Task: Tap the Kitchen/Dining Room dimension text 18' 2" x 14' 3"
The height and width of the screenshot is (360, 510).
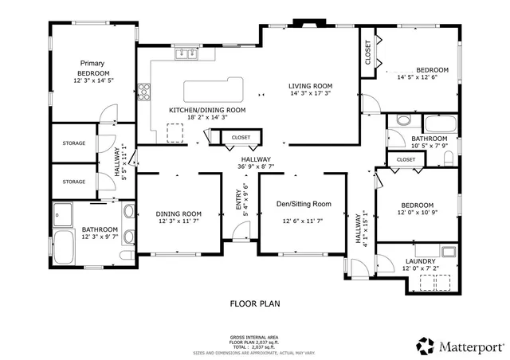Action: click(206, 118)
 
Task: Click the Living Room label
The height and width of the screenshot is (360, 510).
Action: click(310, 86)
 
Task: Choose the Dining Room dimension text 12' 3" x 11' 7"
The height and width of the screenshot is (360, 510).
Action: click(178, 222)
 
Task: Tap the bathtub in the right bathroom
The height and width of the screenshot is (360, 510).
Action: click(437, 124)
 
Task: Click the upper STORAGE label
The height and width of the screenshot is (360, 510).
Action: click(74, 143)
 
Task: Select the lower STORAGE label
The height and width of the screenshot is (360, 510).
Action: click(74, 182)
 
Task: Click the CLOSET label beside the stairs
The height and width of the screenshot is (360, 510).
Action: click(241, 138)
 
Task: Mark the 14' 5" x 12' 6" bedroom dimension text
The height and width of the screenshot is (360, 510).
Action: click(418, 77)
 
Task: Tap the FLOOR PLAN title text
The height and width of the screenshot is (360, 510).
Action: click(255, 303)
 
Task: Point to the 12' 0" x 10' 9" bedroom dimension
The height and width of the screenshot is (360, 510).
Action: click(417, 213)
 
